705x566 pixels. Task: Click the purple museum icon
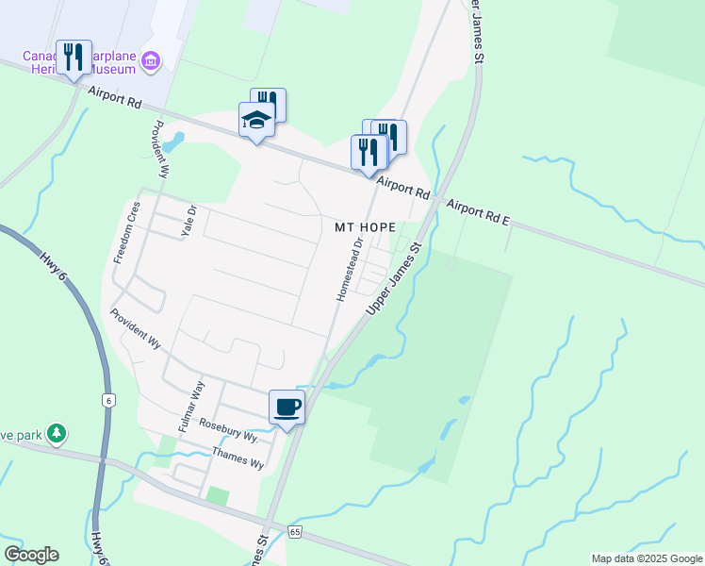coord(149,61)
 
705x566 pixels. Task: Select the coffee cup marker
coord(287,407)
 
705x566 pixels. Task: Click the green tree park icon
coord(58,433)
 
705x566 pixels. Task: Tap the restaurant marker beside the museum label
coord(74,58)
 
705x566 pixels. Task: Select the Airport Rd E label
coord(478,213)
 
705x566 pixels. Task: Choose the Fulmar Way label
coord(191,407)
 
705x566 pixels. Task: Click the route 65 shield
coord(295,532)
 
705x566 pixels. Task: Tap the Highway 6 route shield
coord(109,400)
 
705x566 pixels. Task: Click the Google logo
coord(31,555)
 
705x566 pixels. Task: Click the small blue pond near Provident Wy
coord(172,143)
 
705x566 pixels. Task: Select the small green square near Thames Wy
coord(218,496)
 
